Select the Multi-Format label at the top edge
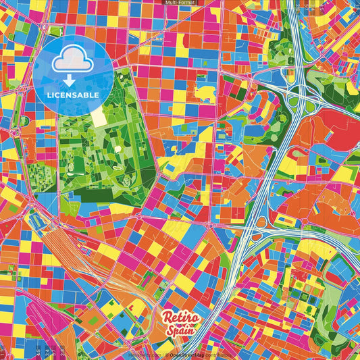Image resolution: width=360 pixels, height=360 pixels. tap(180, 3)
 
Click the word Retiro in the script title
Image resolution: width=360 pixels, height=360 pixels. tap(180, 318)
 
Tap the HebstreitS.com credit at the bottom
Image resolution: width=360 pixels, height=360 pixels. tap(143, 354)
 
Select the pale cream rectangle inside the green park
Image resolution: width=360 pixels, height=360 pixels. tap(99, 118)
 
